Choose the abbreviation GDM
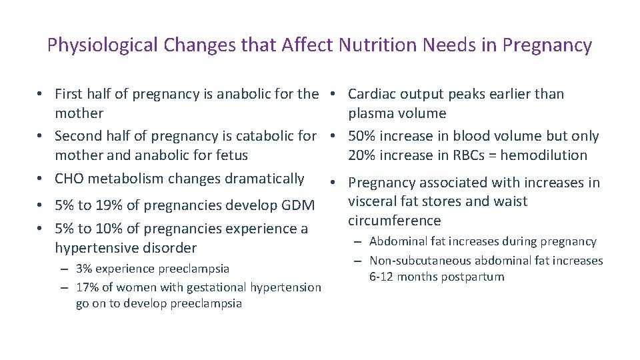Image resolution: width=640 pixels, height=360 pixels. [299, 206]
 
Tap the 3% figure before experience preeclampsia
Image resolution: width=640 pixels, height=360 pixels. [84, 269]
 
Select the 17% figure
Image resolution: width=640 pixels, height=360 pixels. [87, 287]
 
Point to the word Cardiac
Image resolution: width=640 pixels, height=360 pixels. [371, 94]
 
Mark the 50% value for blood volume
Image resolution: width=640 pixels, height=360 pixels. [363, 136]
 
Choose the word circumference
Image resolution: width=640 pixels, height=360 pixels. [394, 221]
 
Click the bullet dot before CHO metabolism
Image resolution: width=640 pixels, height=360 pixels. [41, 179]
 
